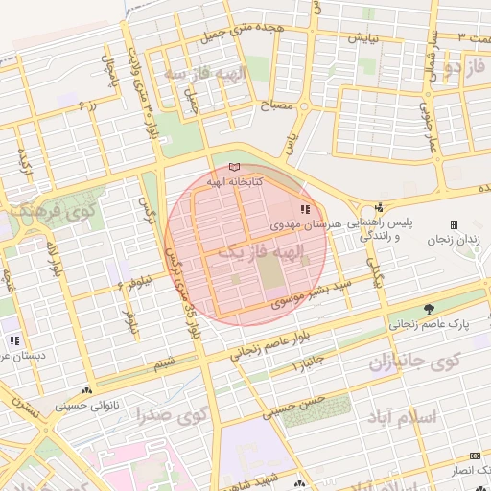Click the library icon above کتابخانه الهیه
[x=236, y=167]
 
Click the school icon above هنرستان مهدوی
[x=304, y=209]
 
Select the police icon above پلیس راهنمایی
[x=380, y=207]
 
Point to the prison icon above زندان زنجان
[x=455, y=223]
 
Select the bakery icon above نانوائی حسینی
[x=88, y=391]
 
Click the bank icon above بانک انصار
[x=475, y=456]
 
